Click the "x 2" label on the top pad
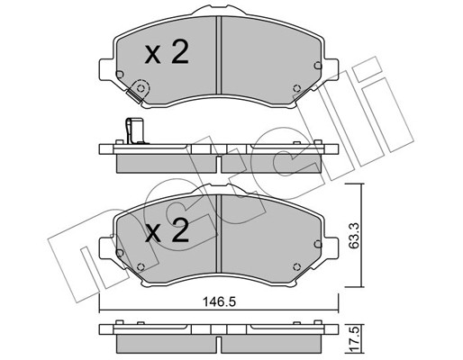pos(167,54)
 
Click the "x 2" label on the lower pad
pos(167,233)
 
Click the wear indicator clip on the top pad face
pos(139,91)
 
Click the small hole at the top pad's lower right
pos(296,88)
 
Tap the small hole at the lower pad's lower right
pos(296,263)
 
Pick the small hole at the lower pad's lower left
pos(141,263)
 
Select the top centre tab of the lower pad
pos(220,192)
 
